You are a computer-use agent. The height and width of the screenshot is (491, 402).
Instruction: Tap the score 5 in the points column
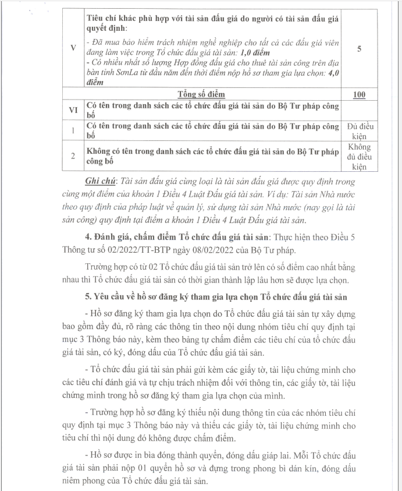[x=360, y=48]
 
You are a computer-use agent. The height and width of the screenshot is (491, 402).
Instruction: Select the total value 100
[x=360, y=94]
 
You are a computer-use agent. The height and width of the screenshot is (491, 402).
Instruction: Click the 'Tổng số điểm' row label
[x=201, y=94]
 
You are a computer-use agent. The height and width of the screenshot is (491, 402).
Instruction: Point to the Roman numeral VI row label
[x=73, y=109]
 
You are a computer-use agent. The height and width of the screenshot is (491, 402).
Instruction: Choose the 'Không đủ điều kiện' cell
[x=360, y=157]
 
